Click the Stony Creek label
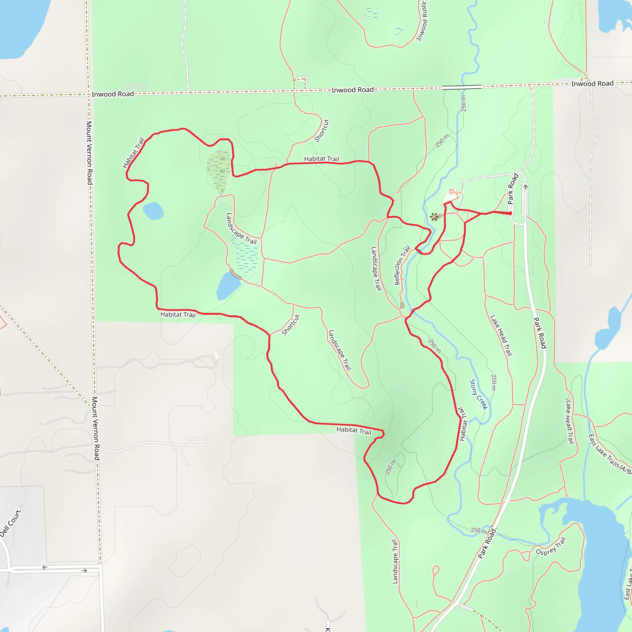[478, 394]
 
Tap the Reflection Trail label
[402, 265]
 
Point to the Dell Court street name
[10, 523]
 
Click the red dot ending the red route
[510, 213]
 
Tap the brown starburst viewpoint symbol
[434, 217]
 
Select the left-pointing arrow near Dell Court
[45, 567]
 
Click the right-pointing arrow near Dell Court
[84, 571]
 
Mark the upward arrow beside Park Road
[525, 187]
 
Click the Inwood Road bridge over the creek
[462, 87]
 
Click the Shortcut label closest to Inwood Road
[322, 130]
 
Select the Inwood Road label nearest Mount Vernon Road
[113, 94]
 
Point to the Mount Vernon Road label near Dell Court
[95, 429]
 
